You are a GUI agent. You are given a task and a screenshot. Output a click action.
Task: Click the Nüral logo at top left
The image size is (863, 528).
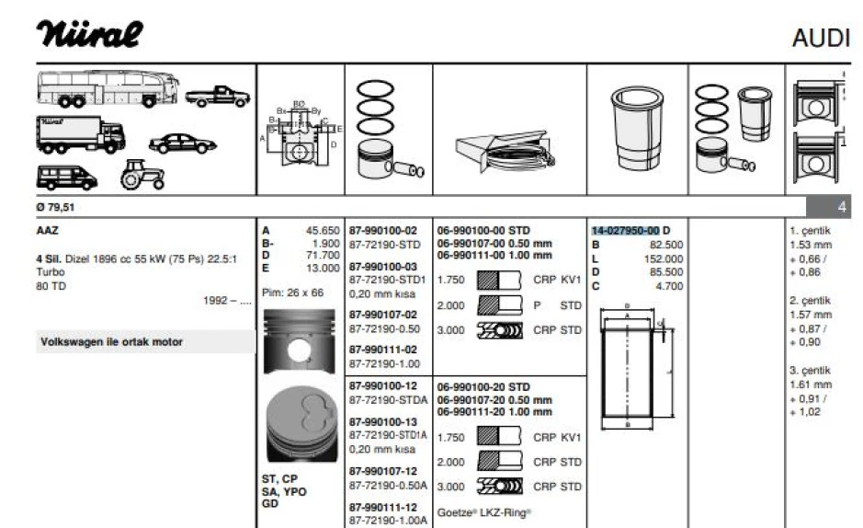[x=89, y=34]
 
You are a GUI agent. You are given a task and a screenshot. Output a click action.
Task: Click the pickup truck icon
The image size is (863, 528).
[x=217, y=95]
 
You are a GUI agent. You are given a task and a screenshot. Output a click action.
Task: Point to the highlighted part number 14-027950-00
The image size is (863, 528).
[x=625, y=230]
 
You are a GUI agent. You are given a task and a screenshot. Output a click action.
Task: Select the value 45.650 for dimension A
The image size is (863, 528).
[x=322, y=231]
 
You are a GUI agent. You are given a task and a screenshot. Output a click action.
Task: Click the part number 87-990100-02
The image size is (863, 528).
[x=383, y=230]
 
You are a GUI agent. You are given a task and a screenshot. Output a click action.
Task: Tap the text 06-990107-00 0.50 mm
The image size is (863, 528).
[x=494, y=243]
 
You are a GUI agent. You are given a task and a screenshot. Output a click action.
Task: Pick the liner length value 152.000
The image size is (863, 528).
[x=665, y=259]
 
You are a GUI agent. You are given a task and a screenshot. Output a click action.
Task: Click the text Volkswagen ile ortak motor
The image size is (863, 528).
[x=111, y=342]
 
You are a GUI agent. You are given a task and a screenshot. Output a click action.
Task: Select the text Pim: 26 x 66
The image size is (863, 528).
[x=293, y=293]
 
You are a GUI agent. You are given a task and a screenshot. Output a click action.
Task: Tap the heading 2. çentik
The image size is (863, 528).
[x=809, y=301]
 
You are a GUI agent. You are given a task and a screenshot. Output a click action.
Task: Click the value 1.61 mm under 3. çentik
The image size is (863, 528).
[x=811, y=385]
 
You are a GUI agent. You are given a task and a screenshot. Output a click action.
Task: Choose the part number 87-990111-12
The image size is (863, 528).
[x=383, y=507]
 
